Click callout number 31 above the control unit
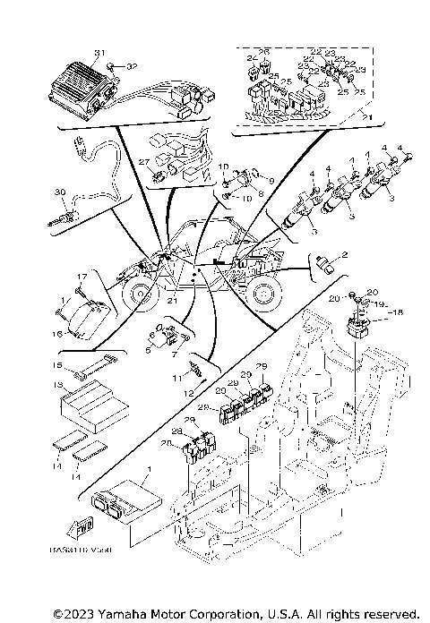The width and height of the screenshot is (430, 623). (99, 53)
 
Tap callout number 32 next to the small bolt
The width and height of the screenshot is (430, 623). (131, 66)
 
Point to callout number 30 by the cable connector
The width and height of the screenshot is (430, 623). (60, 192)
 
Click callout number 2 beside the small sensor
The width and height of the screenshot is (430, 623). (344, 254)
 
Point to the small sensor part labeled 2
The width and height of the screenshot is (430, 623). (325, 262)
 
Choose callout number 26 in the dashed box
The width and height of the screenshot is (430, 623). (265, 52)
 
